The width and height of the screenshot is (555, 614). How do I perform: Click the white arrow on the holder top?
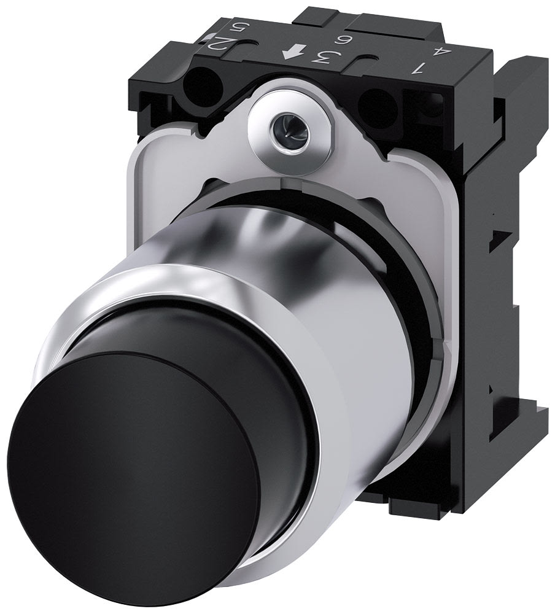point(288,55)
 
